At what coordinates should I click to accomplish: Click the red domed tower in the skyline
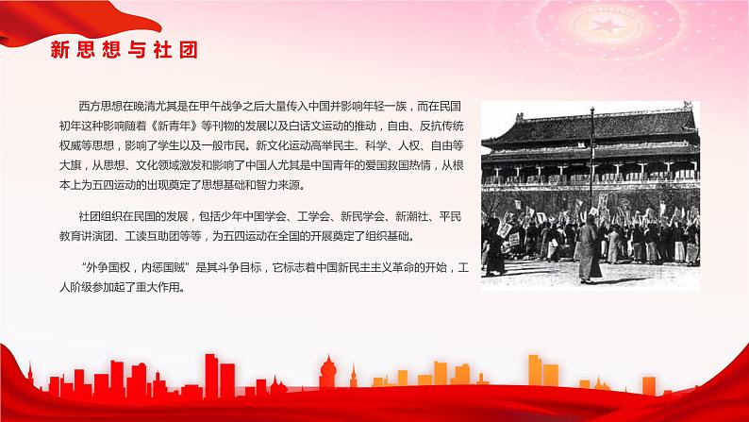[329, 369]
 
